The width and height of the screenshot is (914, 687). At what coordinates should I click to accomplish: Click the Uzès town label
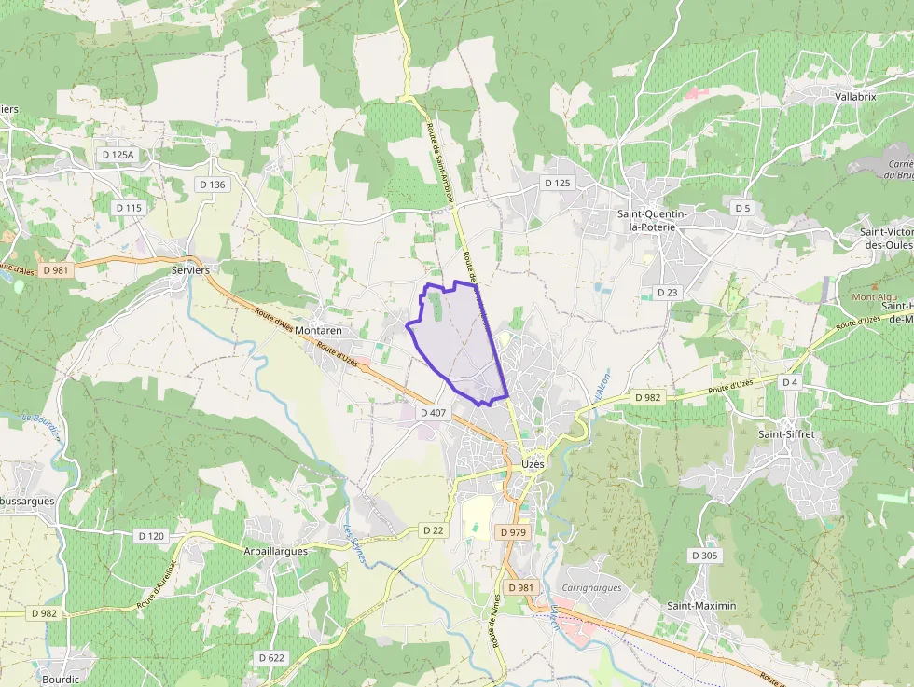[533, 463]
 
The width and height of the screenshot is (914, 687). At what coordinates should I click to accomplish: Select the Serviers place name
[189, 269]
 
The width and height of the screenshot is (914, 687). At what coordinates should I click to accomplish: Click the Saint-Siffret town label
[788, 434]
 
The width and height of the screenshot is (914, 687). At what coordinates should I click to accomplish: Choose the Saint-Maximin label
[701, 606]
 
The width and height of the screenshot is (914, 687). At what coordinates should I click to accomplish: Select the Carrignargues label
[591, 588]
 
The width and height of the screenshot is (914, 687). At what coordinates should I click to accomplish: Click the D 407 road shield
[435, 412]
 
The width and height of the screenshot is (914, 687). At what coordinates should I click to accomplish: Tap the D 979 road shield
[513, 532]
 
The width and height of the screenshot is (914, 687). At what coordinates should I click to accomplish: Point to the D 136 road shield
[212, 185]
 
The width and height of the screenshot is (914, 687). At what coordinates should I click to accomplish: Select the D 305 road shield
[705, 556]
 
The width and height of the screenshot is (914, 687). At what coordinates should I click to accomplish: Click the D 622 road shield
[270, 657]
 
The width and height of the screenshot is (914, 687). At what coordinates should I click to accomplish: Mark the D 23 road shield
[667, 292]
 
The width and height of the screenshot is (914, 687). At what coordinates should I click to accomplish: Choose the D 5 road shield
[742, 207]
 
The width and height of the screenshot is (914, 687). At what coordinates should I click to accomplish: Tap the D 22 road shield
[433, 529]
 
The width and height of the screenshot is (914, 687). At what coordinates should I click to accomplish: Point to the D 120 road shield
[151, 536]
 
